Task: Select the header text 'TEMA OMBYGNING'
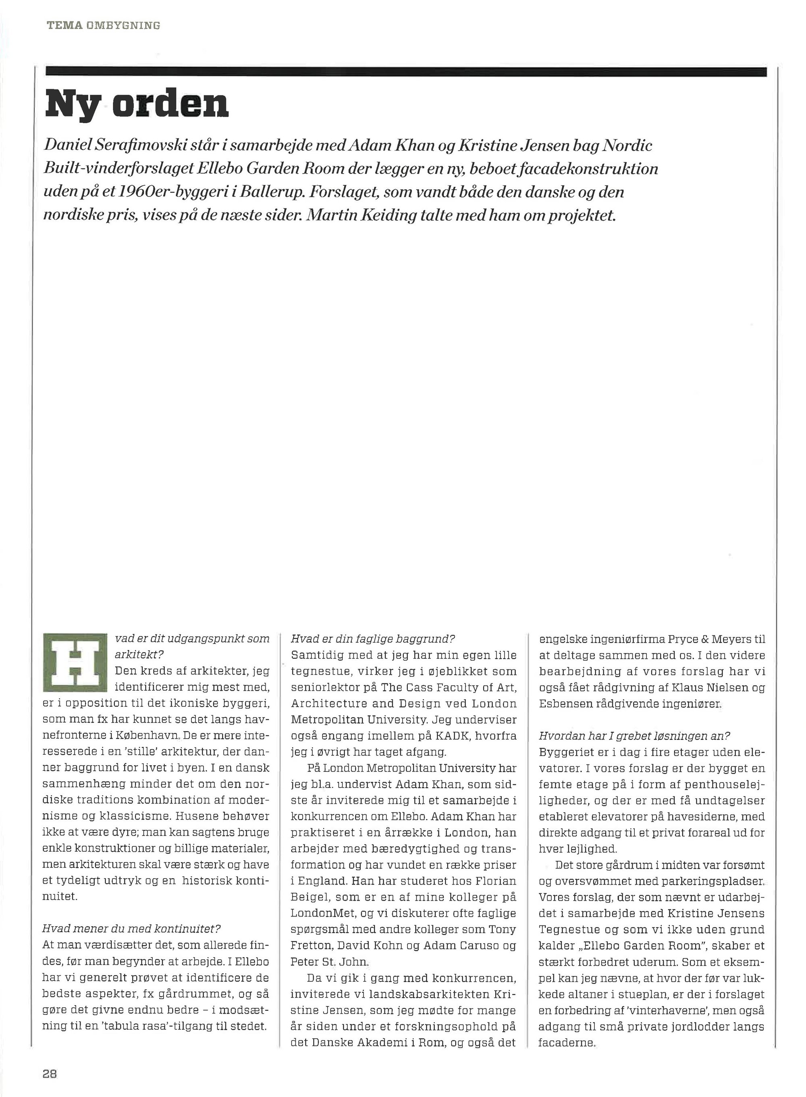coord(104,25)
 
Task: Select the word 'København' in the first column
coord(141,736)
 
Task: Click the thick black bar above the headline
coord(406,72)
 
